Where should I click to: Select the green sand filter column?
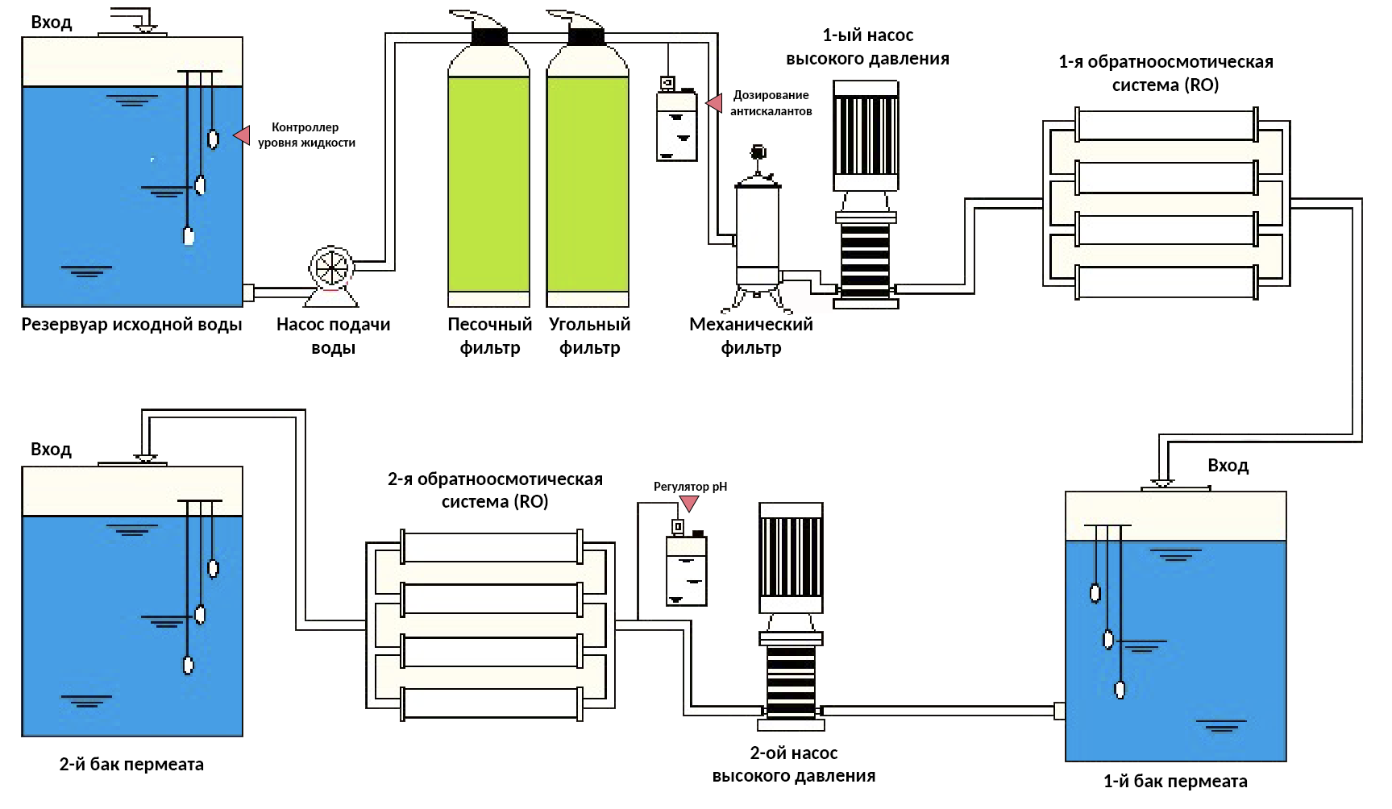click(x=489, y=184)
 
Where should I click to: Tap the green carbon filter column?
click(x=588, y=184)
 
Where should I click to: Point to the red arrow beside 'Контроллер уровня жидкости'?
click(x=242, y=135)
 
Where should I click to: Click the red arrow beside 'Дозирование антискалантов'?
click(x=713, y=103)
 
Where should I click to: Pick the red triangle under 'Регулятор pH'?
click(x=689, y=504)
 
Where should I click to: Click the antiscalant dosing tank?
click(x=677, y=125)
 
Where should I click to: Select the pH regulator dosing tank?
click(x=687, y=569)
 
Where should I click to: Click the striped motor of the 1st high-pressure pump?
click(x=866, y=135)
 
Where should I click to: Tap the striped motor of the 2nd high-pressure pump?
click(x=792, y=558)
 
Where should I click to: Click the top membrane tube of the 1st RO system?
click(x=1166, y=125)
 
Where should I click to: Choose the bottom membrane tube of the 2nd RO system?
click(x=491, y=703)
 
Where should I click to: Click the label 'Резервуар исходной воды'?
click(x=131, y=325)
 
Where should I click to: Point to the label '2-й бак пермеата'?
click(x=131, y=765)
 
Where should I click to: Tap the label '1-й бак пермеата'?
click(x=1175, y=782)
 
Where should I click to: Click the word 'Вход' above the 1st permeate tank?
click(x=1228, y=466)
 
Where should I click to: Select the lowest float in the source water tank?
click(x=189, y=235)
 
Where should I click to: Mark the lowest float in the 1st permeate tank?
click(x=1120, y=689)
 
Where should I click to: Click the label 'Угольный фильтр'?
click(x=589, y=336)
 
